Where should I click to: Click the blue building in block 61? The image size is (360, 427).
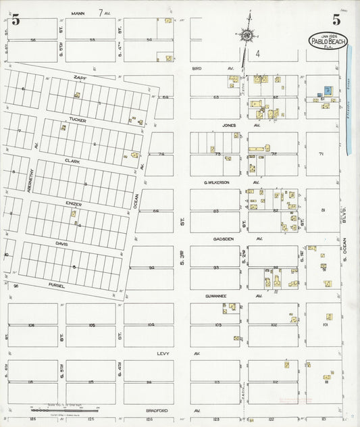(x=328, y=90)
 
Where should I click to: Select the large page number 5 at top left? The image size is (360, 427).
(x=15, y=20)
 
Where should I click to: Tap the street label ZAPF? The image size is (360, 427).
(x=81, y=78)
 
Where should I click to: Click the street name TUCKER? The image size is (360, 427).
(x=77, y=120)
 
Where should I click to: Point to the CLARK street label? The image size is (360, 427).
(x=72, y=161)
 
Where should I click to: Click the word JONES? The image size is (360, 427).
(x=230, y=125)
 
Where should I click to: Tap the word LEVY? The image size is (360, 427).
(x=162, y=353)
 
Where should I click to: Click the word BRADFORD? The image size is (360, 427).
(x=157, y=410)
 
